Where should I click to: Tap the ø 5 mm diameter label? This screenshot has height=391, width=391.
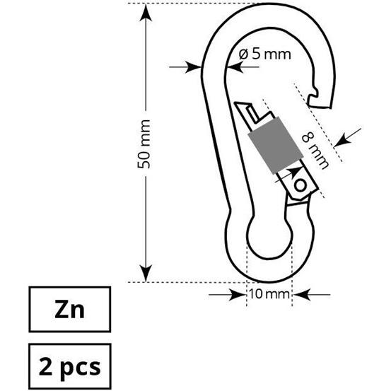pyautogui.click(x=264, y=54)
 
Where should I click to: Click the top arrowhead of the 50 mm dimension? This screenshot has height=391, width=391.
pyautogui.click(x=145, y=11)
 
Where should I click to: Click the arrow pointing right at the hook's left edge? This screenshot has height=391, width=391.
pyautogui.click(x=194, y=68)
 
